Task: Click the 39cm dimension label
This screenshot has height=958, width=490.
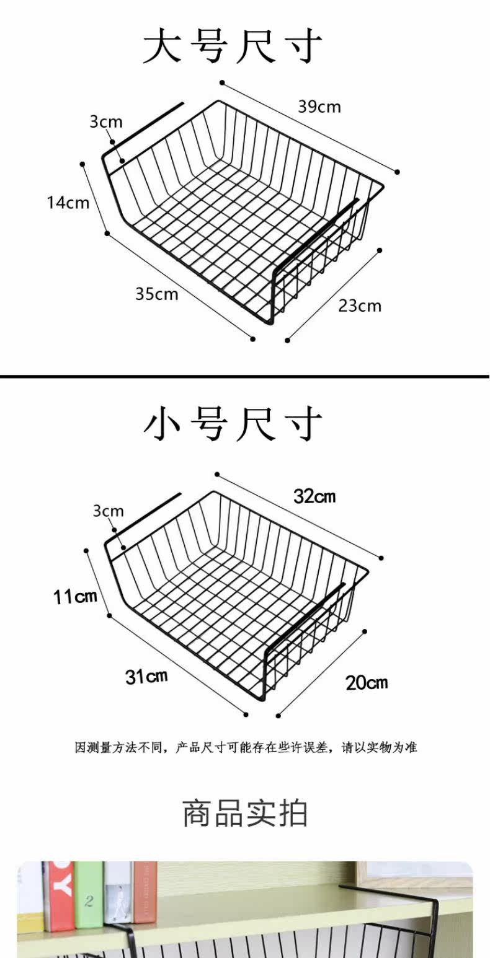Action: pyautogui.click(x=319, y=107)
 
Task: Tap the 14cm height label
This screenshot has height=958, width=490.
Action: pyautogui.click(x=68, y=202)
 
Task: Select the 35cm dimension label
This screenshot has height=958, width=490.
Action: pyautogui.click(x=157, y=293)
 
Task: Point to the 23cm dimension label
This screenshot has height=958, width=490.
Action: pyautogui.click(x=360, y=305)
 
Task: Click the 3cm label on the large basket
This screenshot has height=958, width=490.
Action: pyautogui.click(x=106, y=121)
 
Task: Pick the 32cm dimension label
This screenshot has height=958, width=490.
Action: pyautogui.click(x=314, y=496)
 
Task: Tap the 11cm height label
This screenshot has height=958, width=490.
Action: pyautogui.click(x=75, y=597)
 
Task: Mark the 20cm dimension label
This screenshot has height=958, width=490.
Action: pyautogui.click(x=367, y=683)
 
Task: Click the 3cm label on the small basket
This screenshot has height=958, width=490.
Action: pyautogui.click(x=109, y=511)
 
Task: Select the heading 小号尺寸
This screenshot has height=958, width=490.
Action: pyautogui.click(x=233, y=424)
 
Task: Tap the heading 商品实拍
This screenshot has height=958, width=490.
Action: pyautogui.click(x=245, y=813)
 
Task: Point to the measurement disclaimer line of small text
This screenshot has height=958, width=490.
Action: pyautogui.click(x=246, y=747)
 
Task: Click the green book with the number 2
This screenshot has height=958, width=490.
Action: pyautogui.click(x=89, y=895)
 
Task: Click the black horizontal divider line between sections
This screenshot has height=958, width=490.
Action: pyautogui.click(x=245, y=376)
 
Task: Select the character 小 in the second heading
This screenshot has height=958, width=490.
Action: pyautogui.click(x=163, y=424)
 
